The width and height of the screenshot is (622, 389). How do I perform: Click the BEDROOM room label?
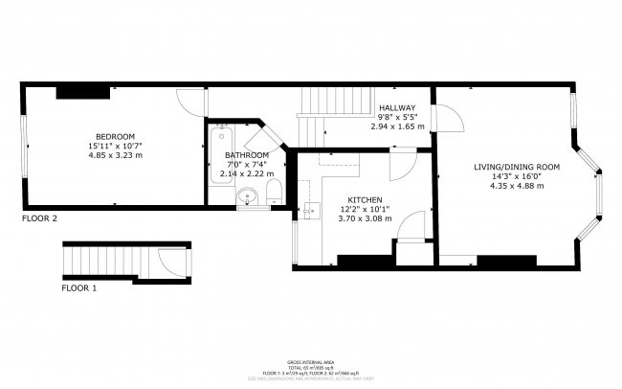[114, 135]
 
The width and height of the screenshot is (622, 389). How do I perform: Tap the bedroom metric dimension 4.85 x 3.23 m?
[114, 154]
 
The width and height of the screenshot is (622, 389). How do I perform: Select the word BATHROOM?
[247, 155]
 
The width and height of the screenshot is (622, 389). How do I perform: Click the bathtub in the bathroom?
[219, 153]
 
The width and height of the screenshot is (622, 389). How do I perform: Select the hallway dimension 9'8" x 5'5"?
[397, 116]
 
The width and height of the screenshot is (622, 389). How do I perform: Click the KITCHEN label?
[361, 199]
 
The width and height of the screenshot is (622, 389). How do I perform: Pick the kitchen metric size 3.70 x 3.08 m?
[361, 218]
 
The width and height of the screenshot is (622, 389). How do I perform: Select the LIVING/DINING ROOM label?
[516, 167]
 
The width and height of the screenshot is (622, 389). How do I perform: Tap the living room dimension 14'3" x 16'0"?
[516, 176]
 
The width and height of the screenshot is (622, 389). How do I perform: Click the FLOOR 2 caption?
[40, 219]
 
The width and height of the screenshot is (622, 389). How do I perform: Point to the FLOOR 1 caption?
[81, 287]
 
